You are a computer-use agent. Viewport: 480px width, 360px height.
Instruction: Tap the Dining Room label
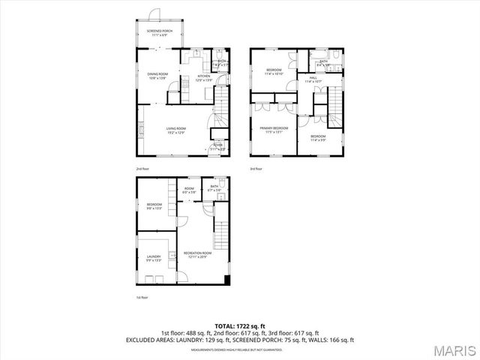click(157, 75)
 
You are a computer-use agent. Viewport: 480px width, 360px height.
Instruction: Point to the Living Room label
click(176, 130)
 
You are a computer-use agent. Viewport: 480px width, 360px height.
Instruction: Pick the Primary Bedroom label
click(274, 130)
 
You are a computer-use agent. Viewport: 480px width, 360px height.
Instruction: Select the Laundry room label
click(153, 259)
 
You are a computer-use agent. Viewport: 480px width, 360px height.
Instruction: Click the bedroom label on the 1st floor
click(154, 206)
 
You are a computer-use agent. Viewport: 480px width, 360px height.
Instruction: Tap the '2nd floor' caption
click(142, 169)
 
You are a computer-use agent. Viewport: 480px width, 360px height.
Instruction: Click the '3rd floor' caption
click(256, 169)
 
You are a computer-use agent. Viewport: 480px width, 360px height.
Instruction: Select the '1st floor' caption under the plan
click(142, 298)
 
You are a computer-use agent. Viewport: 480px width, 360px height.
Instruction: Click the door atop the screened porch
click(154, 14)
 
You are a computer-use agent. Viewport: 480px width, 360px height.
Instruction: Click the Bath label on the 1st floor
click(214, 188)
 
